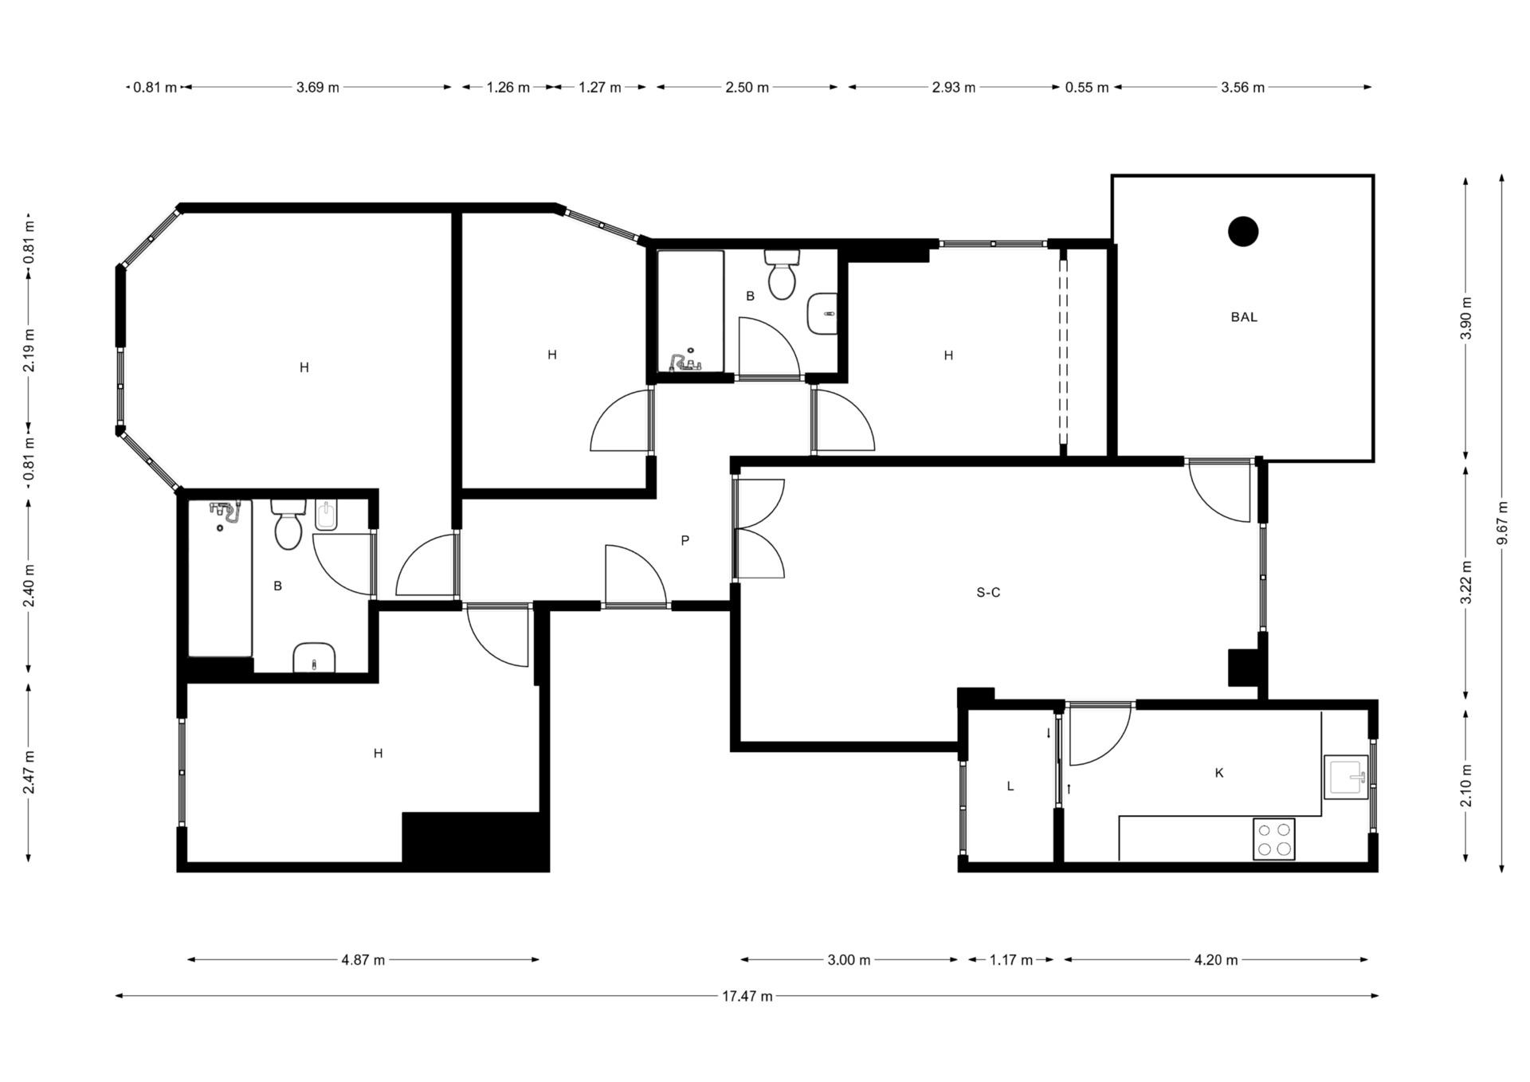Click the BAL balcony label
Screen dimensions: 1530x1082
1244,317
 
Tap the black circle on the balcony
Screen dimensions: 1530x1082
1243,232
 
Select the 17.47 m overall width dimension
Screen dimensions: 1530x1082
747,996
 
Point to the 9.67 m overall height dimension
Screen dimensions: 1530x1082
1503,523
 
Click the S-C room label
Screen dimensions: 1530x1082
988,593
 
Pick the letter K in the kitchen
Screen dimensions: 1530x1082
1219,773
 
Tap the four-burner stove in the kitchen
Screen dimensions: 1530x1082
1274,839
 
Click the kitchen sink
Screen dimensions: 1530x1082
1346,777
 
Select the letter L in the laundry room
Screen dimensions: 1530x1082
1010,786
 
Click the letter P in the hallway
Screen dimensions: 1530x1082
685,541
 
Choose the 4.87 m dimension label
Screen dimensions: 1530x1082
363,960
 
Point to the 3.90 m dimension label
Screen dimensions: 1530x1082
1466,318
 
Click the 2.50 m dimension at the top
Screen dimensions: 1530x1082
747,88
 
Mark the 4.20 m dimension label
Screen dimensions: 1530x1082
1216,960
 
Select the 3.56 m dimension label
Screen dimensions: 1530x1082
1243,88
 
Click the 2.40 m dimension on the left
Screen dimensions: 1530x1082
29,586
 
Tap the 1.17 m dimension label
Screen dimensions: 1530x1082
1011,960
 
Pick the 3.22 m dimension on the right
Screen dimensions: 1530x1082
1466,582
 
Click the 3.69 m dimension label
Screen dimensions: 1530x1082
318,88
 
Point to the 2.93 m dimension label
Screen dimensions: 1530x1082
954,88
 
